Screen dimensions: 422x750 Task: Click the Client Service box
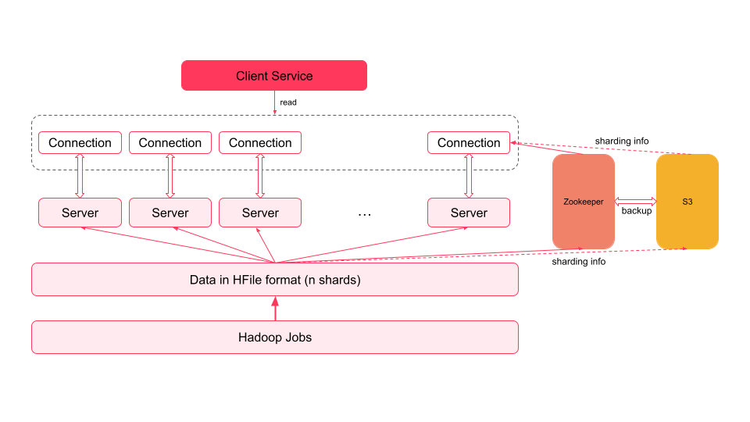pyautogui.click(x=274, y=76)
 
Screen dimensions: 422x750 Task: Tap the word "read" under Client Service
pyautogui.click(x=288, y=102)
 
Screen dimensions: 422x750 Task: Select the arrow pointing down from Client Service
pyautogui.click(x=274, y=102)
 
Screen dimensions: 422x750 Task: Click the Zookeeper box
pyautogui.click(x=584, y=202)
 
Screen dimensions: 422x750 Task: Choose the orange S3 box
pyautogui.click(x=687, y=202)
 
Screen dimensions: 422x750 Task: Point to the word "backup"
pyautogui.click(x=636, y=211)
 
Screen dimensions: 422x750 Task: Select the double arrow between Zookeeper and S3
pyautogui.click(x=635, y=201)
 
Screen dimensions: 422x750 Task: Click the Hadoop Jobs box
pyautogui.click(x=274, y=338)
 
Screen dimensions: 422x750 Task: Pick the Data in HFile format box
pyautogui.click(x=274, y=280)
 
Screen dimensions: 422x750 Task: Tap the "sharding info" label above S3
pyautogui.click(x=622, y=141)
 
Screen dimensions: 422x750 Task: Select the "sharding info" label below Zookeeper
pyautogui.click(x=579, y=262)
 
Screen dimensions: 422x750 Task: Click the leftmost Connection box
pyautogui.click(x=80, y=143)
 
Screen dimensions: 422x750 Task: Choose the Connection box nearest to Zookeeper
pyautogui.click(x=469, y=143)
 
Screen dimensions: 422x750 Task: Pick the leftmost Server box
pyautogui.click(x=80, y=213)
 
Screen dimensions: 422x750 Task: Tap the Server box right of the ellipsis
pyautogui.click(x=469, y=213)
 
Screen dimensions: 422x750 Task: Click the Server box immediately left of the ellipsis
pyautogui.click(x=260, y=213)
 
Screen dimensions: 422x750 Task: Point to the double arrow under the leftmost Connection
pyautogui.click(x=80, y=177)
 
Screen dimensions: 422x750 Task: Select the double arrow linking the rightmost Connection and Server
pyautogui.click(x=469, y=177)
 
